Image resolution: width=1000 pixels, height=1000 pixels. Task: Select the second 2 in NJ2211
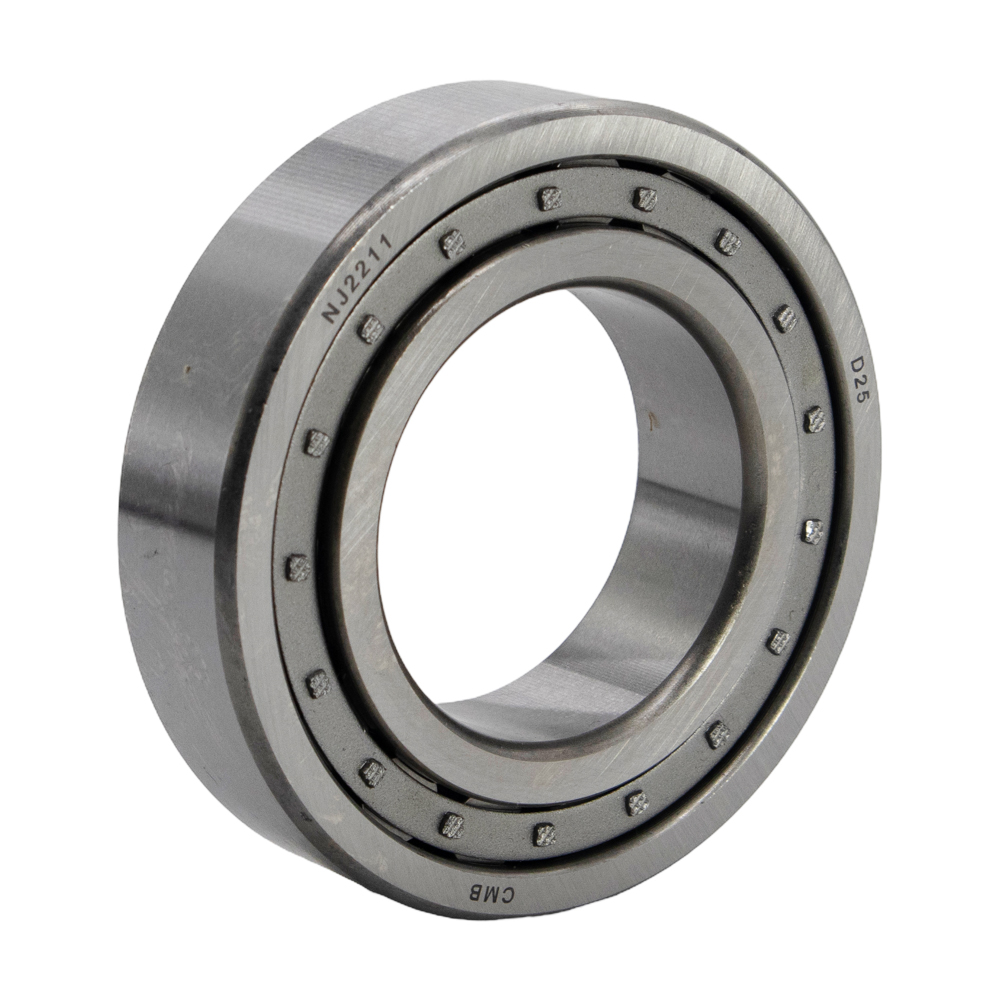(x=366, y=261)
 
